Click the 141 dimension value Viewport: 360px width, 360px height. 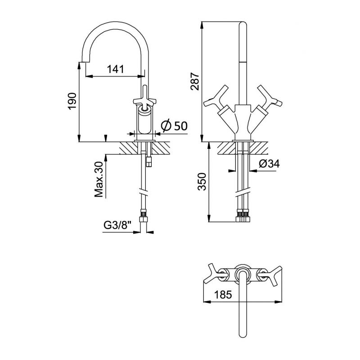tap(116, 69)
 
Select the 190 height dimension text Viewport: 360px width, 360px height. tap(72, 101)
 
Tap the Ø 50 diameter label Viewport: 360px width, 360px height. tap(174, 126)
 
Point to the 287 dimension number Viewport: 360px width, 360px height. tap(194, 81)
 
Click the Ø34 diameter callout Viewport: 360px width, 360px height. tap(269, 164)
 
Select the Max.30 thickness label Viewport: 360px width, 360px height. tap(99, 179)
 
